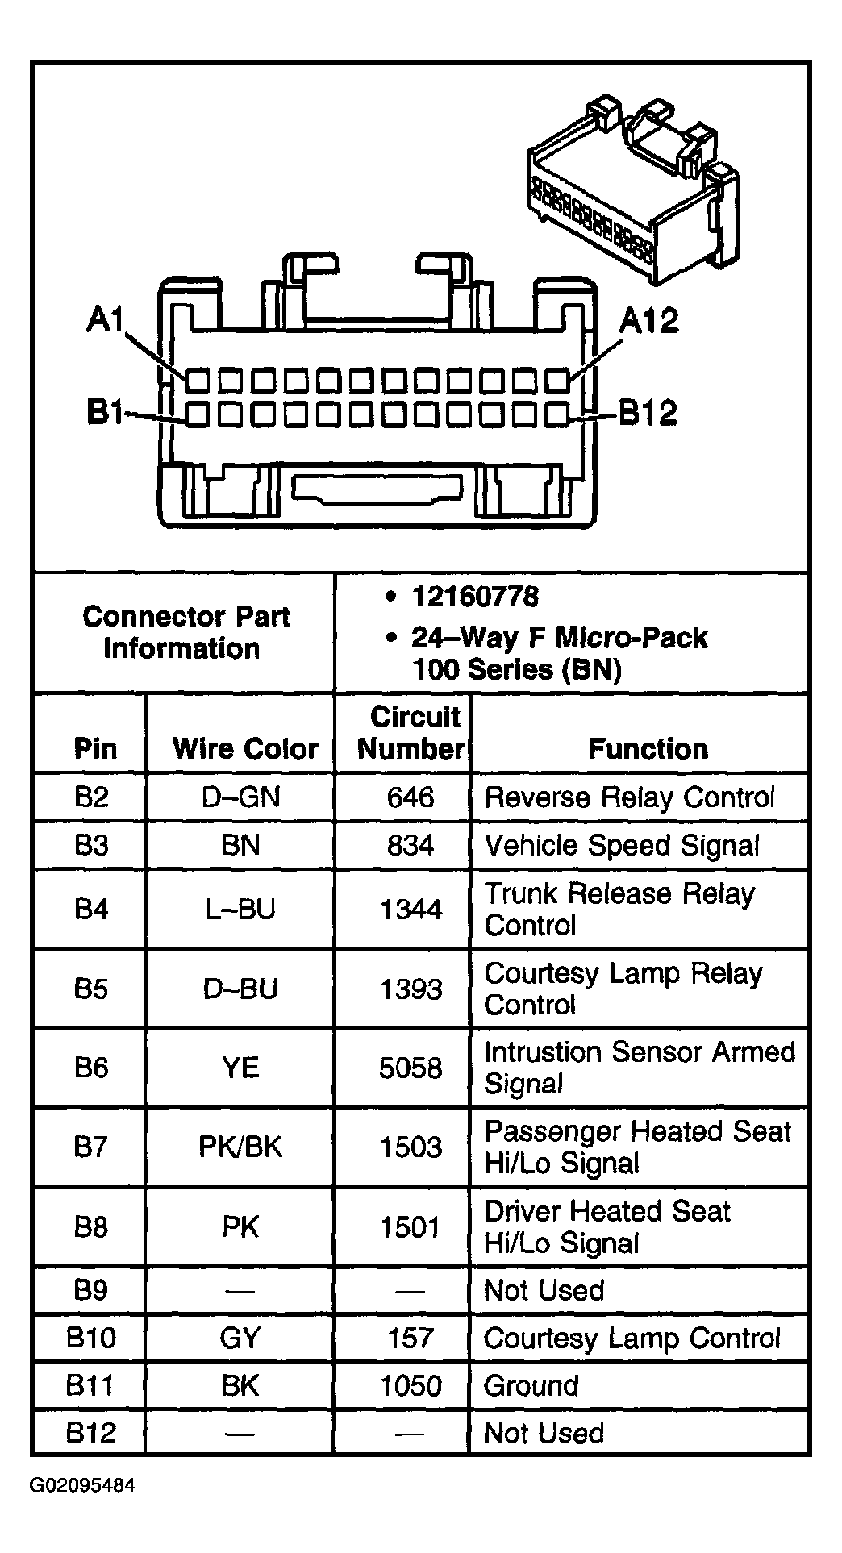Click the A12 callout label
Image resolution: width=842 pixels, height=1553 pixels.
click(x=648, y=321)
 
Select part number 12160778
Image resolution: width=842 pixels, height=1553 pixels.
click(x=475, y=597)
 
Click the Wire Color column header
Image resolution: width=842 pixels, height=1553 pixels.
click(x=245, y=748)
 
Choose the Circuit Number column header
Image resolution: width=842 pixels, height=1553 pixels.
click(x=411, y=732)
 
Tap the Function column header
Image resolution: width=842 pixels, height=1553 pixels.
click(x=648, y=748)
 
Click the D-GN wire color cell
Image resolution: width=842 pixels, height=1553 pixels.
click(x=240, y=797)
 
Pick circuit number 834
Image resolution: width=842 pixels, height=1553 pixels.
click(x=411, y=845)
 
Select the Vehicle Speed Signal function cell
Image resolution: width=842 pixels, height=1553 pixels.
click(x=621, y=845)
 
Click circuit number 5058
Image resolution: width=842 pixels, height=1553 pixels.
click(x=411, y=1068)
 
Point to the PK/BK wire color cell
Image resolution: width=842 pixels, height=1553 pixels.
click(x=240, y=1147)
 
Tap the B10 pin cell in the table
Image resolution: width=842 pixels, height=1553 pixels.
click(x=90, y=1338)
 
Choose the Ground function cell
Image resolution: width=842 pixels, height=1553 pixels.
click(x=531, y=1385)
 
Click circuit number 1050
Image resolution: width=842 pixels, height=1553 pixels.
click(x=411, y=1385)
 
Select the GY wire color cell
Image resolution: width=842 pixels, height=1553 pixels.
click(x=240, y=1338)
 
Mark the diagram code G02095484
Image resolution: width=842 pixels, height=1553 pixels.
click(x=83, y=1485)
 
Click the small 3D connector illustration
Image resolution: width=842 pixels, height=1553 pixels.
click(x=632, y=193)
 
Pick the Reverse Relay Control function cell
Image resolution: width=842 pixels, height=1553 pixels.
click(x=629, y=797)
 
